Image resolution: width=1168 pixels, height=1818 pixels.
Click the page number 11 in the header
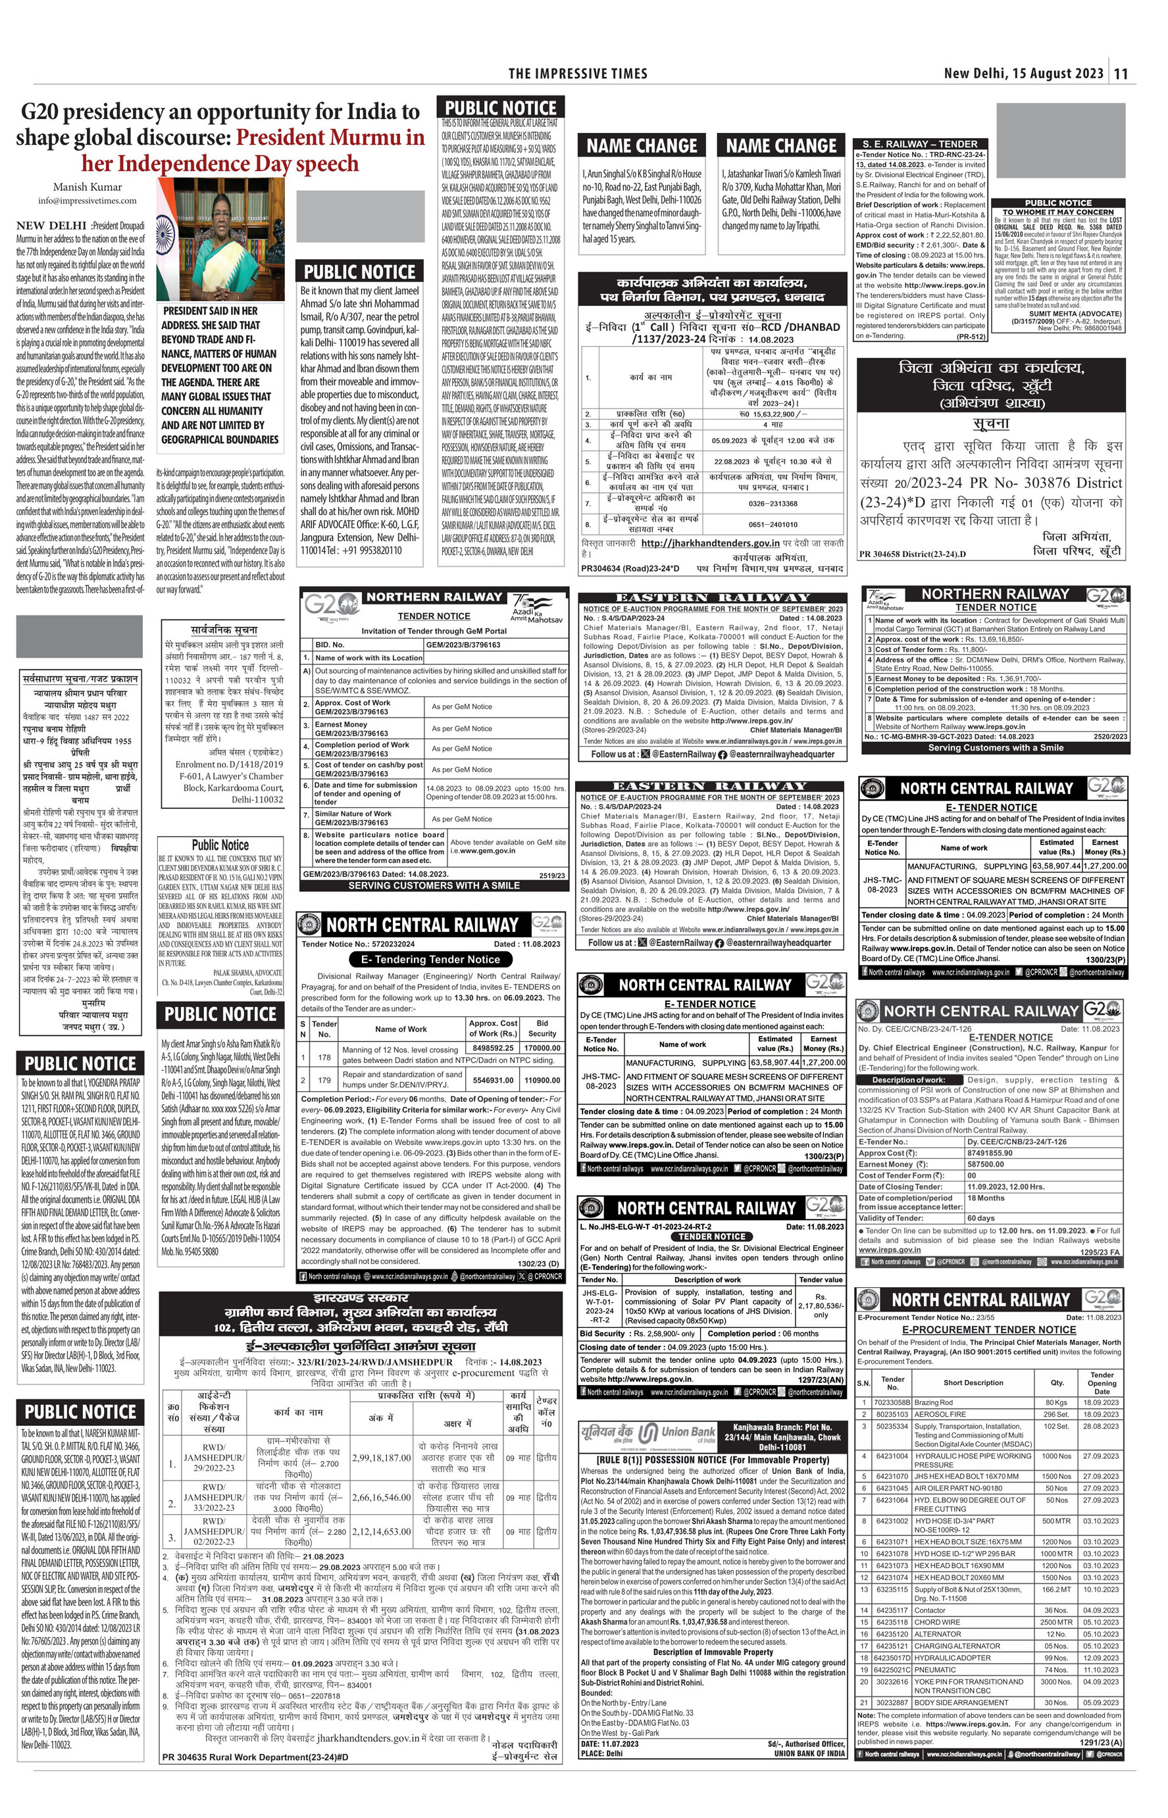[1122, 74]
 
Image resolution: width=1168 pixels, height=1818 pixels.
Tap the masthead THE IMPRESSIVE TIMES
[578, 74]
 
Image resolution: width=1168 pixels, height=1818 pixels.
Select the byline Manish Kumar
[88, 187]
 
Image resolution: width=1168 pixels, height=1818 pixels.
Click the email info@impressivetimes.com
[88, 201]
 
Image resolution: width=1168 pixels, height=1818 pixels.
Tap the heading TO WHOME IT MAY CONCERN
[1058, 212]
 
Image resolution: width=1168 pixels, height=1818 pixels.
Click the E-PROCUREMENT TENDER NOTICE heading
[989, 1350]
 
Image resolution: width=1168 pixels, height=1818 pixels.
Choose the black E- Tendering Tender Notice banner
[430, 959]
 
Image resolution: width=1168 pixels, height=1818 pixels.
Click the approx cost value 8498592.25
[493, 1049]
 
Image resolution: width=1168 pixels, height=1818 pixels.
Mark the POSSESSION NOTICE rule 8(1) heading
[713, 1459]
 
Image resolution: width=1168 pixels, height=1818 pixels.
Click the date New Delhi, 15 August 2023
[1023, 74]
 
